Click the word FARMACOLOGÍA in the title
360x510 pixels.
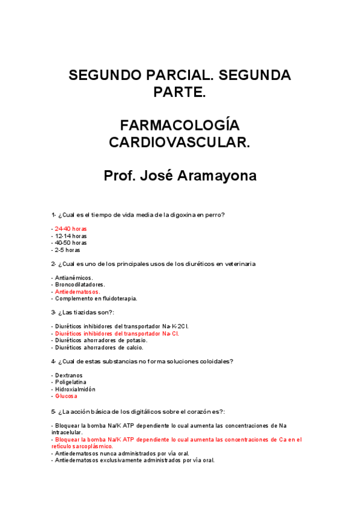[180, 126]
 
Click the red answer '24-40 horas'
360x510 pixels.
[70, 229]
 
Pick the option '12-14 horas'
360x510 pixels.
[70, 236]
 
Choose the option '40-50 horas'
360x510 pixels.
[70, 243]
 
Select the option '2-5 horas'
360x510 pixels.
[67, 250]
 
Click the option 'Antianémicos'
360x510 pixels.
[73, 278]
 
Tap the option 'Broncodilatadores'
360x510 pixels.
[79, 284]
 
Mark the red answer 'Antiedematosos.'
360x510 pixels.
[78, 292]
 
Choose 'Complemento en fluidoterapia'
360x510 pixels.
[96, 298]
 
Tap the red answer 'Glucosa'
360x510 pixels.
[66, 396]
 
